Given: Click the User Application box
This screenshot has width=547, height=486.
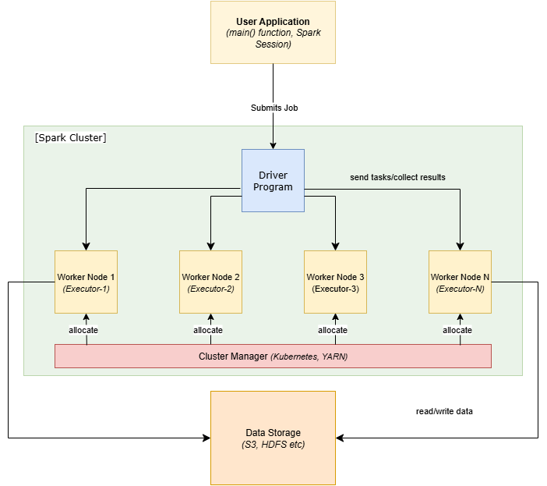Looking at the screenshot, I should point(273,32).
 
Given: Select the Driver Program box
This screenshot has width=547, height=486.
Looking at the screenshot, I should point(273,180).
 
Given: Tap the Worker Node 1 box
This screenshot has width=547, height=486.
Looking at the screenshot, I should point(86,282).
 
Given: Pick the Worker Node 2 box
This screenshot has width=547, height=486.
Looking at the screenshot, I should point(210,282).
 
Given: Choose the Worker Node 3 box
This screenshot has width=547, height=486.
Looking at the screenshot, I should point(335,282).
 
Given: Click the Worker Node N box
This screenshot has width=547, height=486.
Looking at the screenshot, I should point(460,282).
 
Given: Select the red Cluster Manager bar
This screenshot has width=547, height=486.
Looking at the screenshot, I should point(273,356).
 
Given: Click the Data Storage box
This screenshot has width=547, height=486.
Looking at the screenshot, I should point(273,438).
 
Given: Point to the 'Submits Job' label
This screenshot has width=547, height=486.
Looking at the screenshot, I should point(274,108).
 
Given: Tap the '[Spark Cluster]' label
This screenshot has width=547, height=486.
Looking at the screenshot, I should point(70,138).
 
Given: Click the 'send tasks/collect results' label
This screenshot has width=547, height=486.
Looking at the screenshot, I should point(397,177).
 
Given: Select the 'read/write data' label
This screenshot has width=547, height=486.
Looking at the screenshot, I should point(444,411).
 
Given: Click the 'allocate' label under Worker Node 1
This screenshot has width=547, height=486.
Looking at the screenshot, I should point(83,330).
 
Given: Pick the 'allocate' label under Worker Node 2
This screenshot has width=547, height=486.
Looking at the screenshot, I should point(208,330).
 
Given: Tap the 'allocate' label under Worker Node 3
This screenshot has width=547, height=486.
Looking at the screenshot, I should point(333,330).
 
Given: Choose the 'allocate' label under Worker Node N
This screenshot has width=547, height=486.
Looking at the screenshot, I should point(457,330).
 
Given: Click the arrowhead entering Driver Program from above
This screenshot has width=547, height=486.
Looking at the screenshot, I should point(273,145).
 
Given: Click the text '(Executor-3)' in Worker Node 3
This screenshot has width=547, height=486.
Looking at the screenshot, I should point(335,289).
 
